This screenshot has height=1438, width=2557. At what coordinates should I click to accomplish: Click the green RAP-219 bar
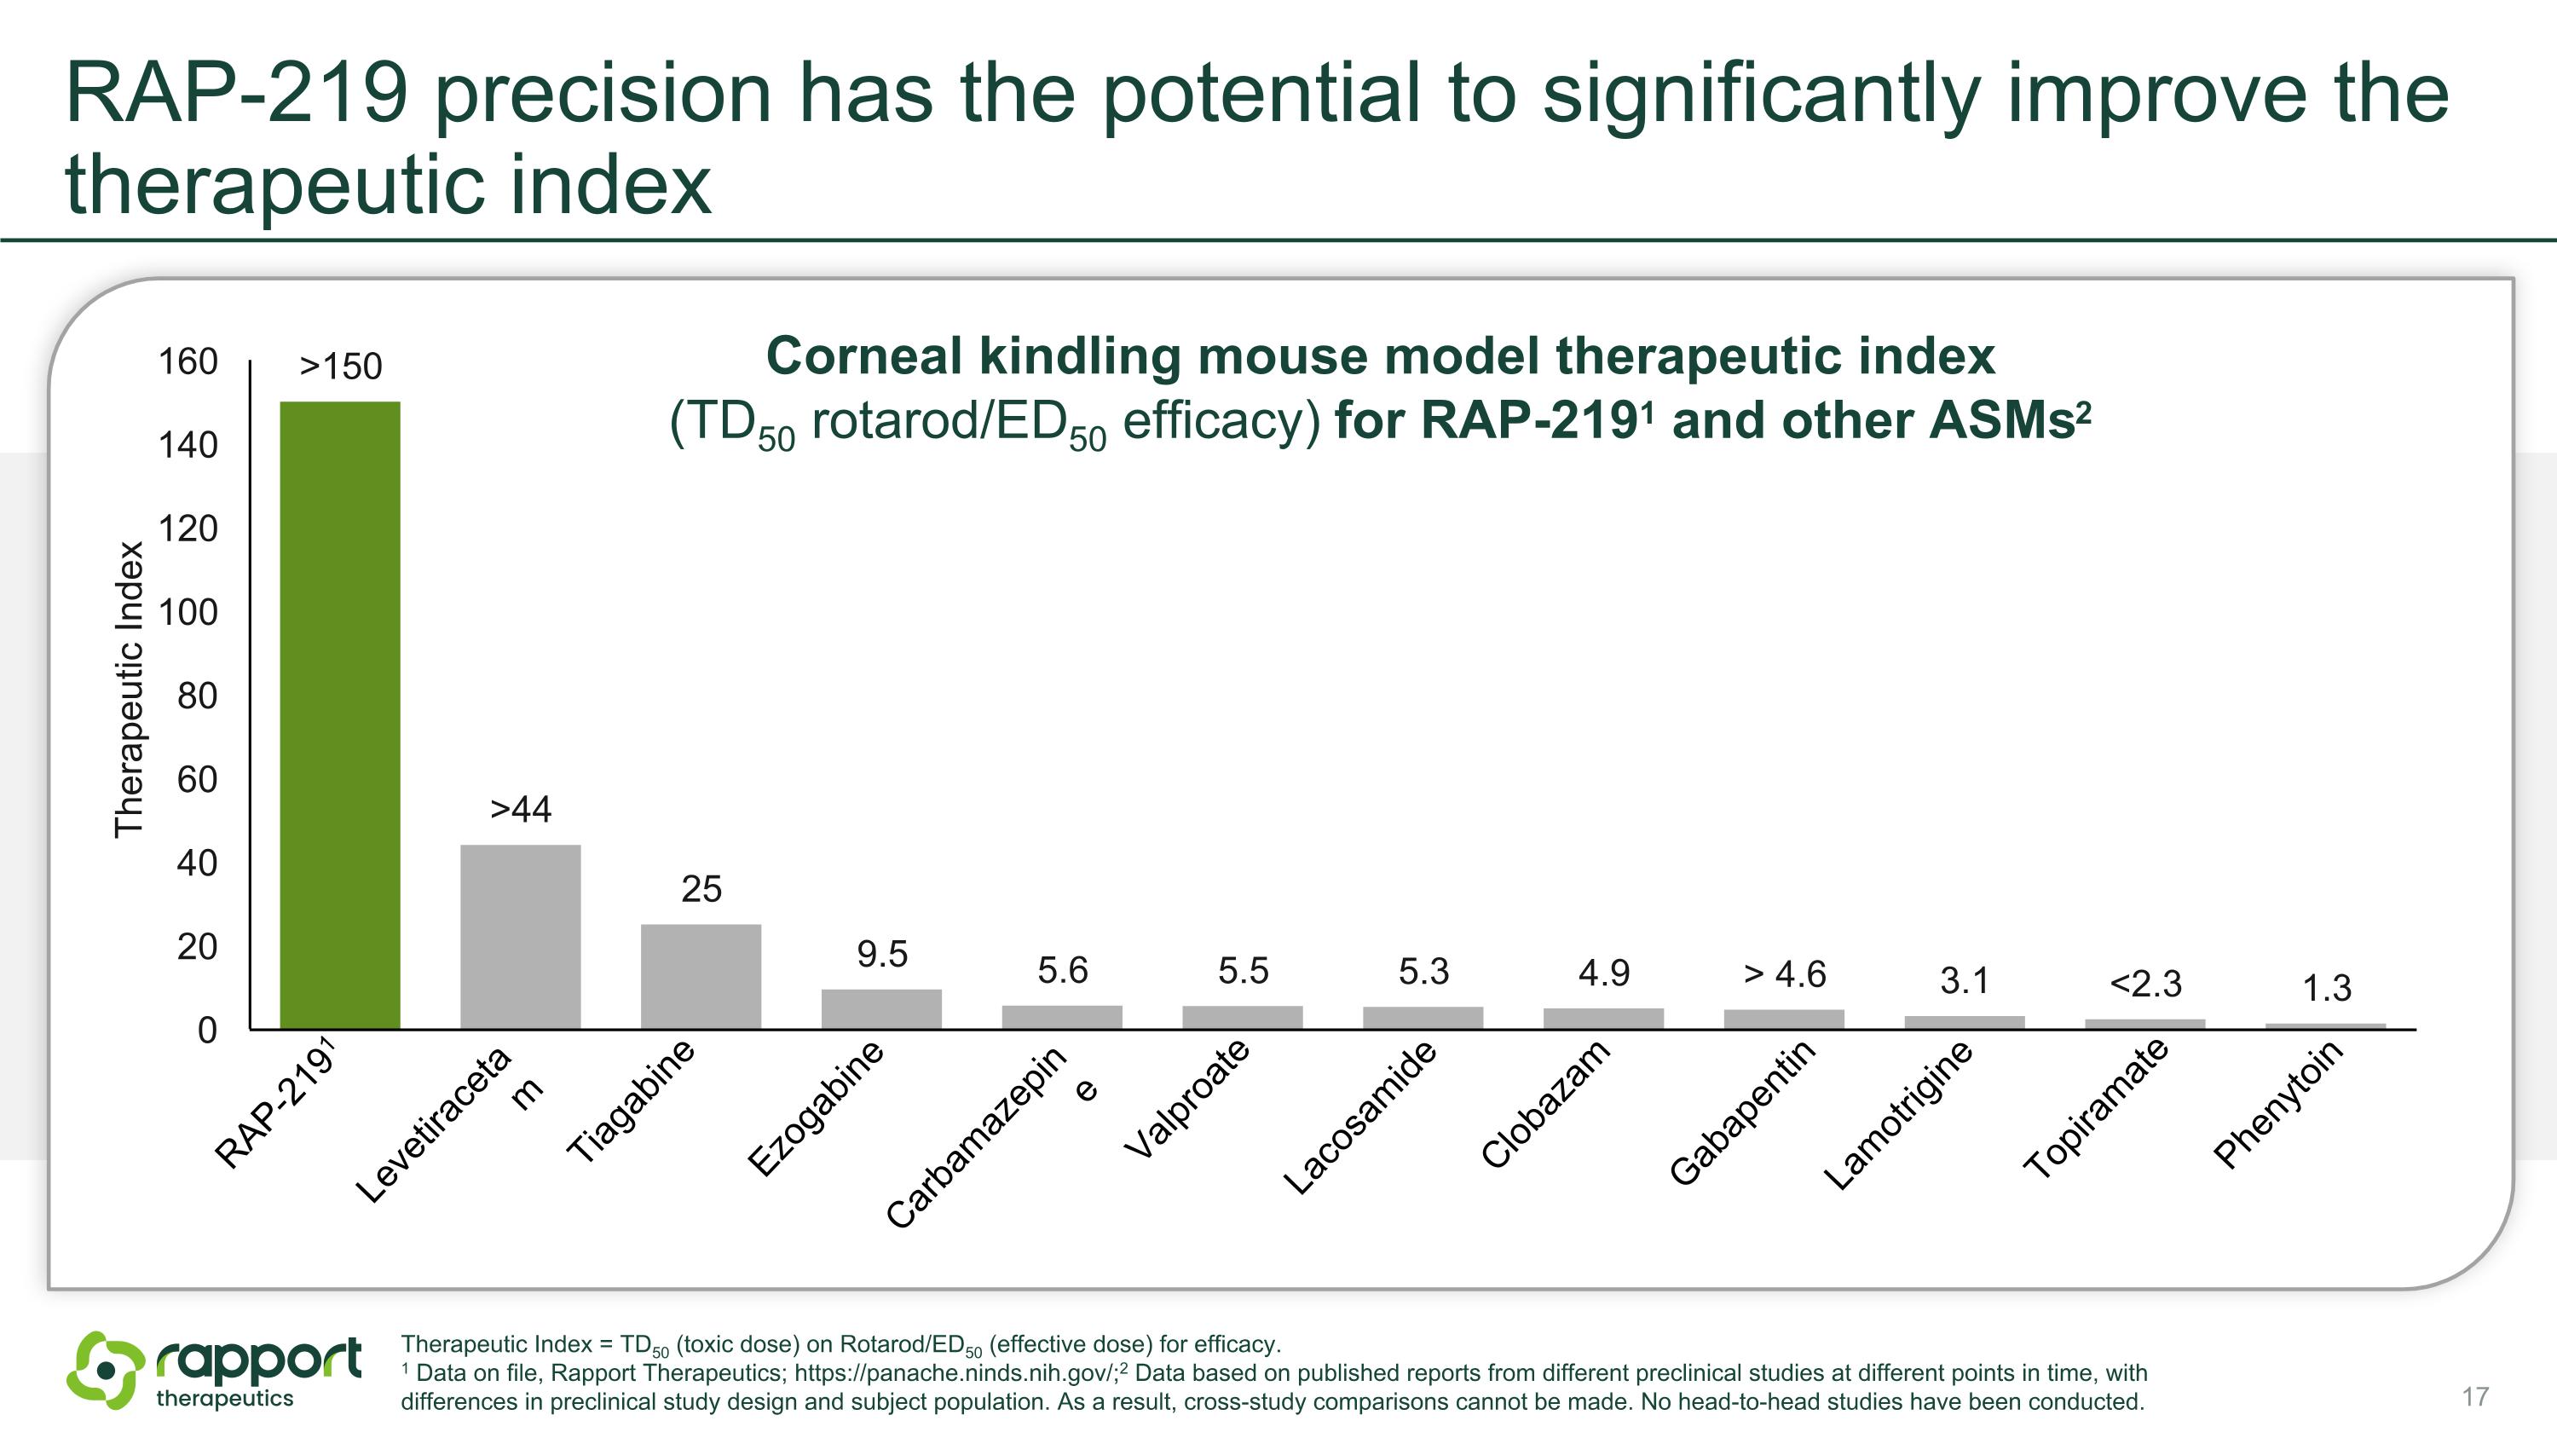pos(339,714)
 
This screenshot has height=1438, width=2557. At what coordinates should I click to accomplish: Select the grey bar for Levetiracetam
pos(520,937)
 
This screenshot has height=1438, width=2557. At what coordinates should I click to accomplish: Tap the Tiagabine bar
pos(701,977)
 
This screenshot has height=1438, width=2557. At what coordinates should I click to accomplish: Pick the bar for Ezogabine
pos(881,1009)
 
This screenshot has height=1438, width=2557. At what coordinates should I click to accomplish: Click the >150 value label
pos(340,367)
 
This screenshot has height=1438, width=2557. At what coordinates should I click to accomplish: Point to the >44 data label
pos(521,809)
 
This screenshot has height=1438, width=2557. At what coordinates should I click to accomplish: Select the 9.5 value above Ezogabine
pos(882,954)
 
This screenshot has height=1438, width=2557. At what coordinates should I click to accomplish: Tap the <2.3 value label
pos(2146,984)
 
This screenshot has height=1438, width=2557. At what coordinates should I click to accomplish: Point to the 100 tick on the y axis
pos(188,612)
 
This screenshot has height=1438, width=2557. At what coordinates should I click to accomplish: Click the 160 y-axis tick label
pos(188,361)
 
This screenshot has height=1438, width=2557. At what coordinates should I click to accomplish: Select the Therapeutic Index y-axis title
pos(129,690)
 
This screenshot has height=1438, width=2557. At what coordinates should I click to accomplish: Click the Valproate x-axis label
pos(1187,1099)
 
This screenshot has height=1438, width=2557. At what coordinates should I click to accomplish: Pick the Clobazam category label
pos(1545,1104)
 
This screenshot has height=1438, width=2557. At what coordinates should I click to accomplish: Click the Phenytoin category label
pos(2279,1104)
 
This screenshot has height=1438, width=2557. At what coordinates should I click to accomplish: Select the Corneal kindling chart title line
pos(1381,355)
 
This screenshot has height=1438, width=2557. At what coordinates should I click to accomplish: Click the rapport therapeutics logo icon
pos(105,1371)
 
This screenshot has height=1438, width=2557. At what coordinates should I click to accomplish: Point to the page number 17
pos(2474,1397)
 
